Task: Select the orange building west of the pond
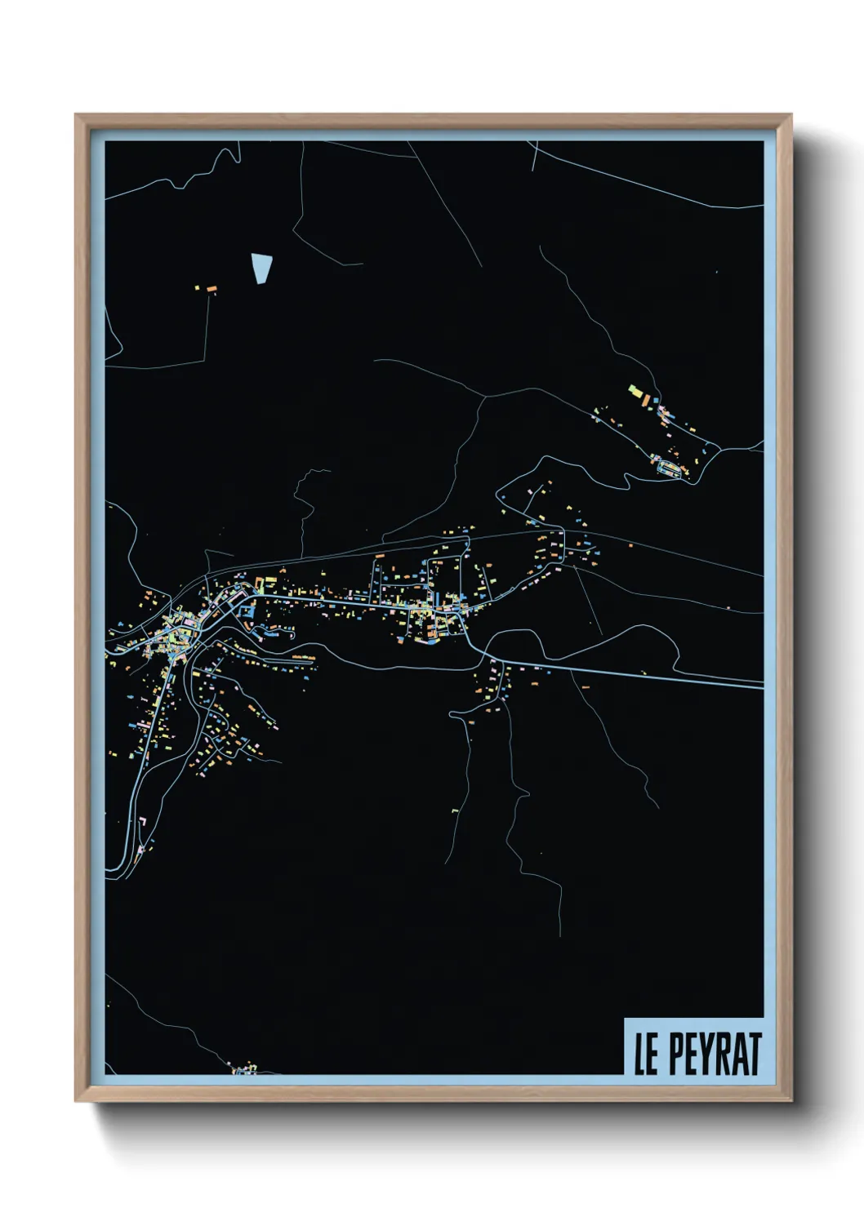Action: pyautogui.click(x=211, y=289)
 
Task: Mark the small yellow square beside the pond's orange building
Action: pyautogui.click(x=197, y=287)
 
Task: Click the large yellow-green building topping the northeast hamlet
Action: pyautogui.click(x=635, y=391)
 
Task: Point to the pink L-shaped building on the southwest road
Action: pyautogui.click(x=140, y=819)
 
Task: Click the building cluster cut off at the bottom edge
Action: pyautogui.click(x=244, y=1068)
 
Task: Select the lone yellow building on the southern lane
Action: pyautogui.click(x=455, y=811)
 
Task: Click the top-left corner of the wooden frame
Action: pyautogui.click(x=76, y=115)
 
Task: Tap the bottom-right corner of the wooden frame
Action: pyautogui.click(x=791, y=1100)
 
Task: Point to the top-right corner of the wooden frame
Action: pyautogui.click(x=791, y=115)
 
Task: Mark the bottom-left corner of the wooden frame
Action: pyautogui.click(x=76, y=1100)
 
